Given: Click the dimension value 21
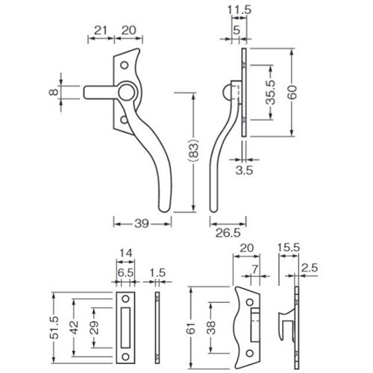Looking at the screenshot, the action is pyautogui.click(x=101, y=31).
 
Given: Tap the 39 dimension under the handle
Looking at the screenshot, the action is pyautogui.click(x=142, y=224).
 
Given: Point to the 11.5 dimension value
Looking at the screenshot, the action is pyautogui.click(x=239, y=10).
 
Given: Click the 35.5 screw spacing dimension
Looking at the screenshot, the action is pyautogui.click(x=271, y=92).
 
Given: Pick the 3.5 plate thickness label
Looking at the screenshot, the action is pyautogui.click(x=244, y=170).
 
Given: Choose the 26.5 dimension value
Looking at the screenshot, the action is pyautogui.click(x=228, y=233).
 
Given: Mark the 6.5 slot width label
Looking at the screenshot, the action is pyautogui.click(x=125, y=273).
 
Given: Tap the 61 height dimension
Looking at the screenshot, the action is pyautogui.click(x=192, y=328).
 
